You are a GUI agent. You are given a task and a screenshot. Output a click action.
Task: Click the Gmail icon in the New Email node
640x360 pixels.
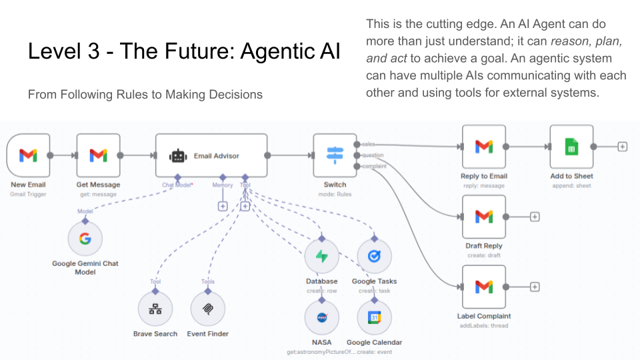click(x=28, y=155)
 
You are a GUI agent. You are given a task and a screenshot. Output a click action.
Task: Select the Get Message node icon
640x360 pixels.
click(x=98, y=155)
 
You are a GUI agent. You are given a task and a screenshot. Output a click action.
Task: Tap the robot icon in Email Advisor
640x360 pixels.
click(x=177, y=156)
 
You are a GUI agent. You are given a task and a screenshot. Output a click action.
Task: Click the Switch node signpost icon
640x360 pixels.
click(x=335, y=155)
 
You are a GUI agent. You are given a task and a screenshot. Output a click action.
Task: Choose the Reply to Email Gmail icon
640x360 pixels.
click(x=484, y=147)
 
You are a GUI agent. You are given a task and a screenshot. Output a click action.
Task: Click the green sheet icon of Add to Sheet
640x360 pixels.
click(x=571, y=147)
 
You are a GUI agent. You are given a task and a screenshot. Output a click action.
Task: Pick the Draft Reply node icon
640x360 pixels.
click(x=484, y=217)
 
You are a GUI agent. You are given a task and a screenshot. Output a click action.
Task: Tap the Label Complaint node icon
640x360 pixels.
click(x=484, y=287)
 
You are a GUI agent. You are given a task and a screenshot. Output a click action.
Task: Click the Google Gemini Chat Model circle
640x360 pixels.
click(x=85, y=239)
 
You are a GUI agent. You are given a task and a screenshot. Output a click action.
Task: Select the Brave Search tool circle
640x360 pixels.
click(x=155, y=309)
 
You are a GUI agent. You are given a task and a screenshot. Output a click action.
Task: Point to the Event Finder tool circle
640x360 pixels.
click(x=207, y=309)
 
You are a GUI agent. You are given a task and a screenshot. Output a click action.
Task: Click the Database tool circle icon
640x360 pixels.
click(x=322, y=257)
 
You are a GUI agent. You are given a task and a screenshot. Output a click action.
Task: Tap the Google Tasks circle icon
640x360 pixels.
click(x=374, y=257)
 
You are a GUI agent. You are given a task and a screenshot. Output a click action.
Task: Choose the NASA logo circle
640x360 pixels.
click(x=322, y=317)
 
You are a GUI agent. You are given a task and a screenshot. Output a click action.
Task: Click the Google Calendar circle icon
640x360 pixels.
click(x=374, y=317)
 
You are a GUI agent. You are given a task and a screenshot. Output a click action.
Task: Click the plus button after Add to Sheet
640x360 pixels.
click(x=622, y=147)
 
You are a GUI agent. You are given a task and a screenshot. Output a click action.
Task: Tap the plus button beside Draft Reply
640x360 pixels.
click(x=535, y=217)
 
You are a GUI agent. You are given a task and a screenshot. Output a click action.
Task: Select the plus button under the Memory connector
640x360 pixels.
click(x=223, y=207)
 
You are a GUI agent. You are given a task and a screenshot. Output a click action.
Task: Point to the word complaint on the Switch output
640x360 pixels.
click(x=374, y=167)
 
